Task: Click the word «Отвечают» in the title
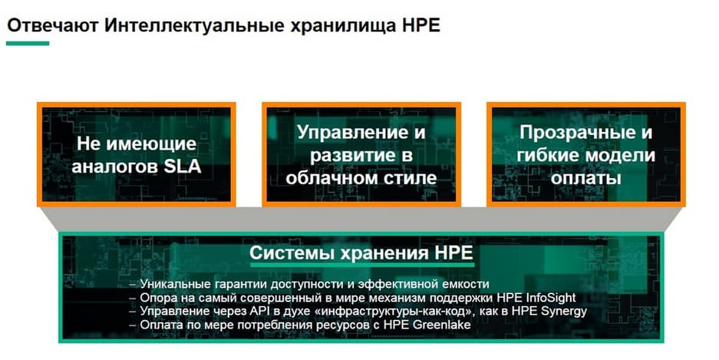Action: pos(53,25)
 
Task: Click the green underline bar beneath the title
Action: pos(28,44)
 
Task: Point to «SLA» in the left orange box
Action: pos(182,166)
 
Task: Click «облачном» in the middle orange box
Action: pos(331,177)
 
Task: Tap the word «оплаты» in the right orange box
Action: pos(585,178)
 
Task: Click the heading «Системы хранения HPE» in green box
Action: pos(361,253)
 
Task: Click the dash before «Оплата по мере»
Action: pos(133,325)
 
